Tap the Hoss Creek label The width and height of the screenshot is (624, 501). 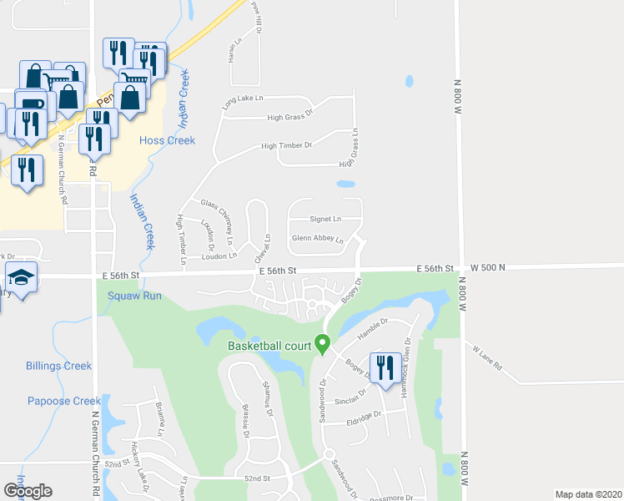pos(167,140)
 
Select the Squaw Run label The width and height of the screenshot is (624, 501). pos(139,295)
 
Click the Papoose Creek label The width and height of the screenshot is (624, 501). pos(63,401)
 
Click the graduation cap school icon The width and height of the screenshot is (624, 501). pos(21,277)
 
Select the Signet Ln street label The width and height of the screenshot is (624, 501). pos(325,220)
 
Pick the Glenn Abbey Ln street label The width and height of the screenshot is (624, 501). pos(317,239)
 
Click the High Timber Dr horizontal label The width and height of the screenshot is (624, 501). pos(286,146)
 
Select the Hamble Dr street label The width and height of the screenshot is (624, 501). pos(373,326)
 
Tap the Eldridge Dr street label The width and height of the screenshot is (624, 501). pos(364,415)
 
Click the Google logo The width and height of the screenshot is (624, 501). pos(28,490)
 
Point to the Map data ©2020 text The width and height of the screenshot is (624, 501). pos(588,494)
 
